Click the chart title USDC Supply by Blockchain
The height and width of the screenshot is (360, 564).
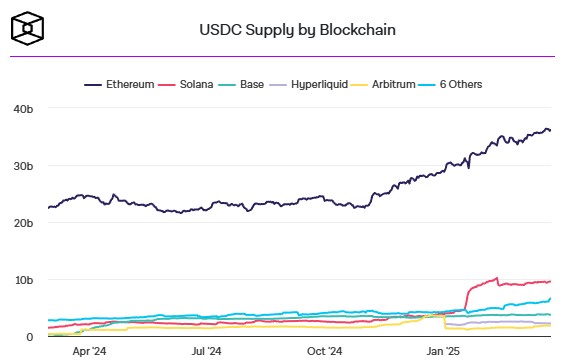pos(298,30)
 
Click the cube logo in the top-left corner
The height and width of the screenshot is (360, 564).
pos(26,30)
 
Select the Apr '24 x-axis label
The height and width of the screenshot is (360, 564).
pos(90,351)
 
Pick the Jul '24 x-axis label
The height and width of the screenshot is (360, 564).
pos(207,351)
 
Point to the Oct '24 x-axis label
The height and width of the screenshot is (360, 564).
pos(325,351)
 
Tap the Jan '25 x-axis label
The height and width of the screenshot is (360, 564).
pos(443,351)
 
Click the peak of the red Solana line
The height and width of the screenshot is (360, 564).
pos(497,278)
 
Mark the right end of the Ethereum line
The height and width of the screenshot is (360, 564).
pos(550,131)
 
